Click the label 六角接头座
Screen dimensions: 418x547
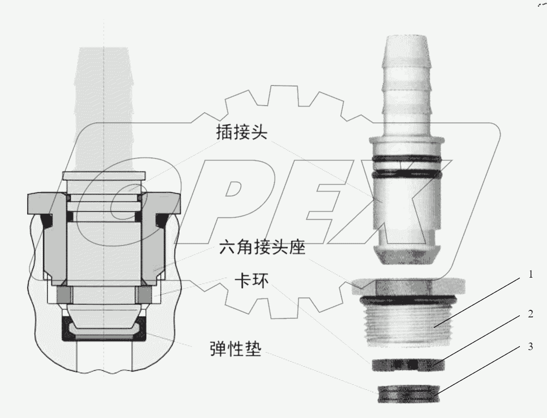pyautogui.click(x=262, y=247)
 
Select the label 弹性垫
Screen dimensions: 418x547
pyautogui.click(x=235, y=349)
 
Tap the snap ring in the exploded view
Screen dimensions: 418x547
pyautogui.click(x=407, y=364)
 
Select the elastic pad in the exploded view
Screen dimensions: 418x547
pyautogui.click(x=407, y=392)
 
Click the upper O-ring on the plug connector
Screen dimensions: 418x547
pyautogui.click(x=407, y=160)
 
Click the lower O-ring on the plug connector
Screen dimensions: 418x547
pyautogui.click(x=407, y=175)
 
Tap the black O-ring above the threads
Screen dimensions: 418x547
pyautogui.click(x=407, y=300)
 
